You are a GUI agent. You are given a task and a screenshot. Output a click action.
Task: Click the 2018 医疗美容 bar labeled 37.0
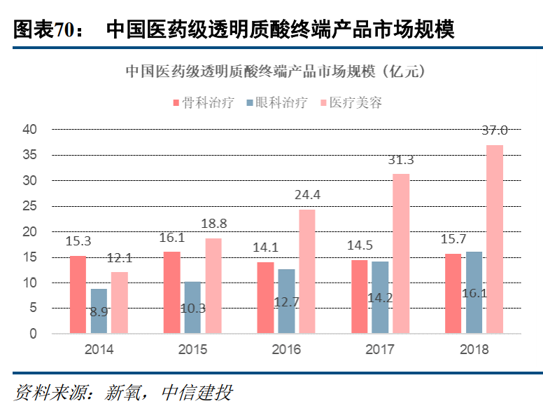tap(495, 239)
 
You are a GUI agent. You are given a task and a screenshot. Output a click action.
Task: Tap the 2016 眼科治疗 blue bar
tap(286, 302)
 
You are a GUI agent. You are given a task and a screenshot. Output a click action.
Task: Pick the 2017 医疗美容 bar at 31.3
tap(401, 253)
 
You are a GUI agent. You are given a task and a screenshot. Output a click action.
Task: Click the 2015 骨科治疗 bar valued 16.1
tap(172, 292)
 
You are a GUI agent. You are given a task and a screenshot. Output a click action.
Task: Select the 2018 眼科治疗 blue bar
tap(474, 292)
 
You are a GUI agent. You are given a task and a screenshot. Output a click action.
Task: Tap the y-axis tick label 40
tap(29, 129)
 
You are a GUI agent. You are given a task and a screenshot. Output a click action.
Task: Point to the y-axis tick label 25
tap(29, 206)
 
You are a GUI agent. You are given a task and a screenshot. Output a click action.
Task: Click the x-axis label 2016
tap(286, 349)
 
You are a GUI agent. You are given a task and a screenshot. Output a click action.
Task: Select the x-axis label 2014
tap(99, 349)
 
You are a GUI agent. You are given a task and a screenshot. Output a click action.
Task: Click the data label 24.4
tap(307, 194)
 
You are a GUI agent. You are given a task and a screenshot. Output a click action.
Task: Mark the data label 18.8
tap(213, 223)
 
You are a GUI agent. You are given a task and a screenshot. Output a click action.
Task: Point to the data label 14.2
tap(381, 297)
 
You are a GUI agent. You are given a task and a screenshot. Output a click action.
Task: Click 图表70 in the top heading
tap(43, 29)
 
